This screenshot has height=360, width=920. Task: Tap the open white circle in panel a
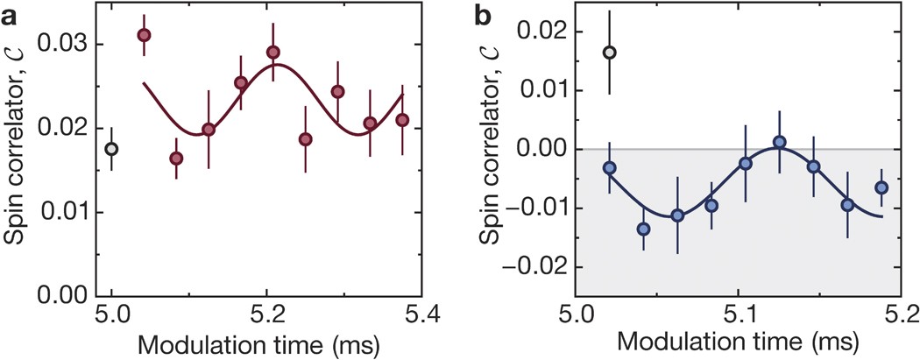point(111,149)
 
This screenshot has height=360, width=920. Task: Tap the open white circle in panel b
point(610,53)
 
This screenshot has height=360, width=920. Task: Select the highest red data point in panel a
point(144,35)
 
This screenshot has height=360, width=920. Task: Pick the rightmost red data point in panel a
point(402,120)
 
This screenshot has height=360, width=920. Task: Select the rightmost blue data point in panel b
point(881,187)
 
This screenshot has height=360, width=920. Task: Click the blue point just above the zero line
point(779,142)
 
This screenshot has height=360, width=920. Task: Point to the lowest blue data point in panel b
point(643,229)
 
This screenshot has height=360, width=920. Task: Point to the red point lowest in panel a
point(176,159)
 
